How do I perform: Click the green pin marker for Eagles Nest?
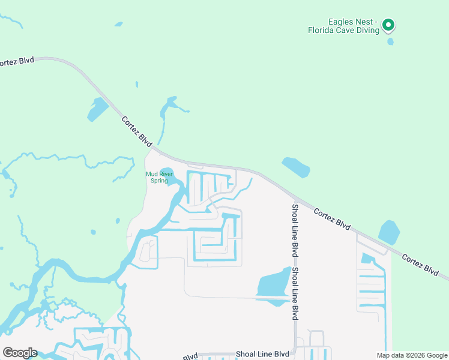(388, 25)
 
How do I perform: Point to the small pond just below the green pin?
(391, 42)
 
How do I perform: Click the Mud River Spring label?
(159, 177)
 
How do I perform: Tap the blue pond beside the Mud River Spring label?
(166, 174)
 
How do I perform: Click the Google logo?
(19, 353)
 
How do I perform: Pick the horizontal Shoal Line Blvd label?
(263, 354)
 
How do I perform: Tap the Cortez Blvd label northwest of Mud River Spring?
(137, 129)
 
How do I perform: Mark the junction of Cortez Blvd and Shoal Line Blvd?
(295, 196)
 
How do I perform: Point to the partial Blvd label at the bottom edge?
(190, 357)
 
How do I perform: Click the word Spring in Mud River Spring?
(159, 181)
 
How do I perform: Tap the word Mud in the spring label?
(151, 174)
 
